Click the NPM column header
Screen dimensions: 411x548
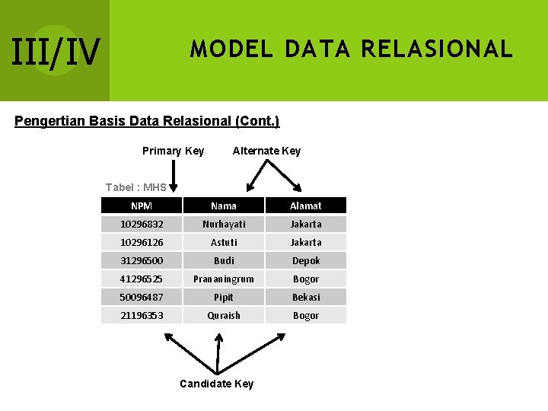142,205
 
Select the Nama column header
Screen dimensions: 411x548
224,205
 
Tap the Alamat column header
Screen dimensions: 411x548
306,205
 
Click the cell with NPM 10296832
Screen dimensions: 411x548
142,224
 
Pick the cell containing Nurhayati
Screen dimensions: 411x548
224,224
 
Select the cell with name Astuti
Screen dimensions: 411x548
224,242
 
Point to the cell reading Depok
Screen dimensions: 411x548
306,260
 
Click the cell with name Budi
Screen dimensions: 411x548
224,260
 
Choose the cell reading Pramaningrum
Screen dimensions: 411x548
224,279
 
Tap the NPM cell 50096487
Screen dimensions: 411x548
142,297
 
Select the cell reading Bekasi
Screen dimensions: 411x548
306,297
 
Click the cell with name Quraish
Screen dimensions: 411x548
224,315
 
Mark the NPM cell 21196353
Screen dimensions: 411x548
142,315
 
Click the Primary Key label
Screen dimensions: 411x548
173,151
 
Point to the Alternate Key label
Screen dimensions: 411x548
266,151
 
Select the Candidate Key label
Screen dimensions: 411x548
216,384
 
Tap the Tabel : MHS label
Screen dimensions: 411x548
135,187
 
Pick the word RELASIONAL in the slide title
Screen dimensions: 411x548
437,49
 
